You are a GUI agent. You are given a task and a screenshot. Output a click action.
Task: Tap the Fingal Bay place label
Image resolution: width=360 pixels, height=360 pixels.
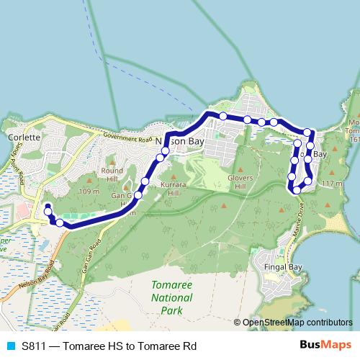point(285,268)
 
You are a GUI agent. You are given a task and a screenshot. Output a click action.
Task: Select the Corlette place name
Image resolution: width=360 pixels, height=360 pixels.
point(20,136)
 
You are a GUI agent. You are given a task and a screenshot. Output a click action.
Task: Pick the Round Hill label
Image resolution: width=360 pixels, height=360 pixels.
point(112,175)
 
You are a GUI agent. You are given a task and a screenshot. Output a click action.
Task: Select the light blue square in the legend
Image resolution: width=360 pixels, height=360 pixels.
point(11,346)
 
